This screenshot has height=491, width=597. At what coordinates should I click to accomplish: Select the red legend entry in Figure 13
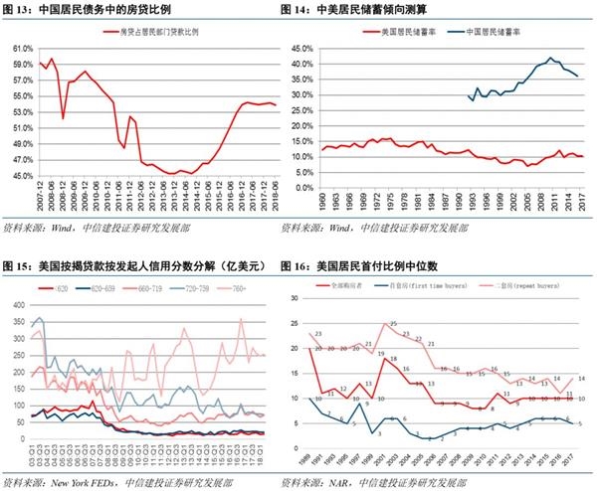click(149, 32)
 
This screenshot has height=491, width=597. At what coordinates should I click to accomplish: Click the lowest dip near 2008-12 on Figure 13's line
click(63, 117)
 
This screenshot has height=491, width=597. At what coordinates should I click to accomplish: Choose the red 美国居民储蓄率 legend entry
click(396, 32)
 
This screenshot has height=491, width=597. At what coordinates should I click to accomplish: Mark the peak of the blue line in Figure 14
click(549, 58)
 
